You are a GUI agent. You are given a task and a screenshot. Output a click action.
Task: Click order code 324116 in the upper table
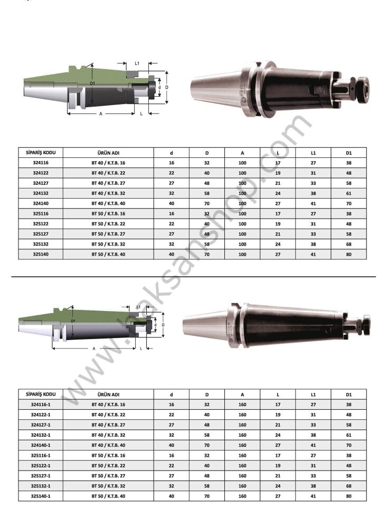(41, 163)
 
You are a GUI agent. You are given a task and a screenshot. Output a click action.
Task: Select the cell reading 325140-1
(41, 496)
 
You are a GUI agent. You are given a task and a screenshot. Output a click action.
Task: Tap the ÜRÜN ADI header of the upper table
(108, 153)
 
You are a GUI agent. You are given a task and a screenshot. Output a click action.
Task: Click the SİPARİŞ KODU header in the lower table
(41, 394)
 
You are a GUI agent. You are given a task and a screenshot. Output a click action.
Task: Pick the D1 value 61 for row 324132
(348, 193)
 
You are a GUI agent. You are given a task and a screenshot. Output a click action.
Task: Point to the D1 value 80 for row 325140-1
(348, 496)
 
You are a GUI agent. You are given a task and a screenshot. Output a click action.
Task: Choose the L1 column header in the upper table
(313, 153)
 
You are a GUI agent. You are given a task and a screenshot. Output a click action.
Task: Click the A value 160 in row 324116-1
(242, 404)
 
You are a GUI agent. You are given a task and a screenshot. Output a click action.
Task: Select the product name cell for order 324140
(108, 203)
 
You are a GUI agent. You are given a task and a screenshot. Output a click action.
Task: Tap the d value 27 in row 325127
(172, 234)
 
